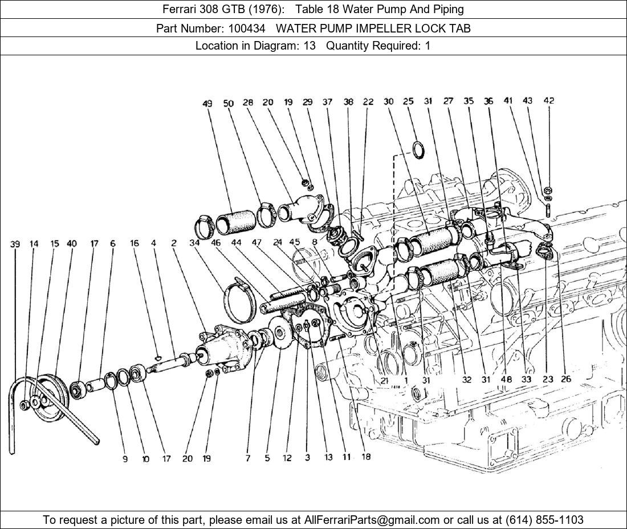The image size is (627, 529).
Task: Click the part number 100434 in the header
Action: tap(247, 29)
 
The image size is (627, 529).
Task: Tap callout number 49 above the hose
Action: tap(207, 104)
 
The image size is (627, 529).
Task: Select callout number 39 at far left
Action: tap(15, 243)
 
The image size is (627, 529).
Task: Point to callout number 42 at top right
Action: tap(548, 100)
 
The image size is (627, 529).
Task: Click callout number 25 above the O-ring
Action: tap(408, 101)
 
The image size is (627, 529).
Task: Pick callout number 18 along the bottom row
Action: tap(366, 456)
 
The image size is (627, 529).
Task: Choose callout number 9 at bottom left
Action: tap(125, 459)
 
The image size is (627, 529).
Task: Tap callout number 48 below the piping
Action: tap(506, 379)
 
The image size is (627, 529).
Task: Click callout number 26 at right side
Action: tap(566, 379)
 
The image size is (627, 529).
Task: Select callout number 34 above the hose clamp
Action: tap(194, 243)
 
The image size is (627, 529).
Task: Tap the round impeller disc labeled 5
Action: tap(279, 332)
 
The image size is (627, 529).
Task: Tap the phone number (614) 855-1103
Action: tap(544, 520)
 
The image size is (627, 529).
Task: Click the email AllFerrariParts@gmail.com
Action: tap(372, 520)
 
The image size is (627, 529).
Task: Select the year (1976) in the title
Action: tap(264, 9)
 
